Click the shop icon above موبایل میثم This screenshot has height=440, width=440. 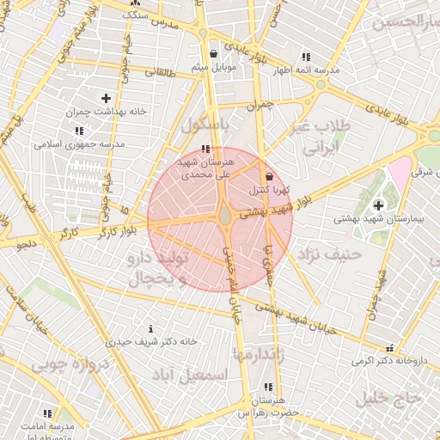[x=213, y=53]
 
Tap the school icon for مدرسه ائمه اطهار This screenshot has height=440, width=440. [x=306, y=57]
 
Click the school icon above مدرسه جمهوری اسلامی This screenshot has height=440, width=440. [x=79, y=131]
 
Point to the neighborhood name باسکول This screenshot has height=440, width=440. [x=206, y=125]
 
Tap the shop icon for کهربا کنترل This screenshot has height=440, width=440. [x=269, y=176]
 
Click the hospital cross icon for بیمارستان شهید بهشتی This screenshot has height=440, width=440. [x=378, y=205]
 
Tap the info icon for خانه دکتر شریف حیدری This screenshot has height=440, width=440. [x=151, y=328]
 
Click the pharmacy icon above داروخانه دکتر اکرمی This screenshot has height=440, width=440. [x=391, y=348]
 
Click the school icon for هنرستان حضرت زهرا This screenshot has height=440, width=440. [x=269, y=388]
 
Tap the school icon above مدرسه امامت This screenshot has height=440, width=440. [x=46, y=413]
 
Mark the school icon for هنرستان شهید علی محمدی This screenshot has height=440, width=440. [x=205, y=150]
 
